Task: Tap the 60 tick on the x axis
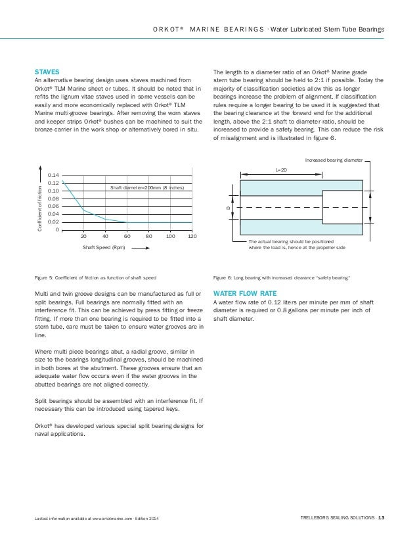[127, 235]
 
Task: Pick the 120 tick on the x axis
[192, 235]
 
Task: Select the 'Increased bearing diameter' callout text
[335, 160]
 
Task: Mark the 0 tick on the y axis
[58, 230]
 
